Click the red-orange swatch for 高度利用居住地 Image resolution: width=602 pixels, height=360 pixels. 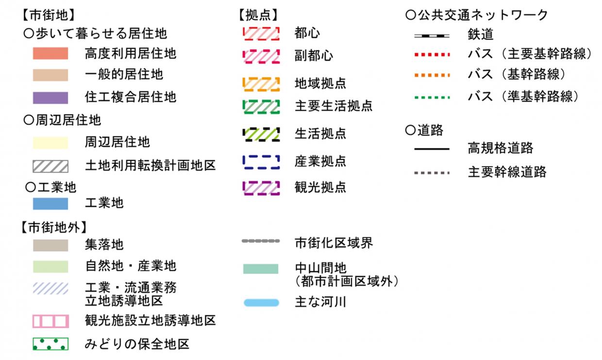[x=50, y=53]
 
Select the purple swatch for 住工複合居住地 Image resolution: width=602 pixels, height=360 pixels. [x=50, y=97]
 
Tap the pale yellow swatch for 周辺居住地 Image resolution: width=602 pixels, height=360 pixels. [x=50, y=143]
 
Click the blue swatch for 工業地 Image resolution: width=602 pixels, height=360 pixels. [x=50, y=203]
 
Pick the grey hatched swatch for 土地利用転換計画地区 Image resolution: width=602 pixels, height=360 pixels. [x=50, y=166]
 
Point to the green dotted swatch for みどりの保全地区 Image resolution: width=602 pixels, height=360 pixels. [x=50, y=344]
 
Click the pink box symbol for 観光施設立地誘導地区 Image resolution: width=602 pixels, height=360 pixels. [x=50, y=321]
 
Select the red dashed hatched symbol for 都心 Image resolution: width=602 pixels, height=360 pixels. [x=261, y=33]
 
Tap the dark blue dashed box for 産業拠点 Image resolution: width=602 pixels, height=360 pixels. [x=261, y=161]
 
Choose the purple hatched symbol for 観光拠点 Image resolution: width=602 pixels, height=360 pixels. [x=261, y=187]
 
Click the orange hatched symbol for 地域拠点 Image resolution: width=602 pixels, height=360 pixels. [x=261, y=83]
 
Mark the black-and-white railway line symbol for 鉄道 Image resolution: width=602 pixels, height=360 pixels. [x=432, y=35]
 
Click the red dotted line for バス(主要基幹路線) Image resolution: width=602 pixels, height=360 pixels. [x=432, y=53]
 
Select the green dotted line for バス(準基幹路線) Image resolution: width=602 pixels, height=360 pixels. [x=432, y=97]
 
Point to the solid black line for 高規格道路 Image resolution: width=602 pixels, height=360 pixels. [x=432, y=149]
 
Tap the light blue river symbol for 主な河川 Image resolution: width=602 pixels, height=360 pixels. [x=261, y=303]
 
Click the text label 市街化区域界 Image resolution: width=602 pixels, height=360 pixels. [x=334, y=242]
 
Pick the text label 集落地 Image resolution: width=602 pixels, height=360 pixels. [x=104, y=245]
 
